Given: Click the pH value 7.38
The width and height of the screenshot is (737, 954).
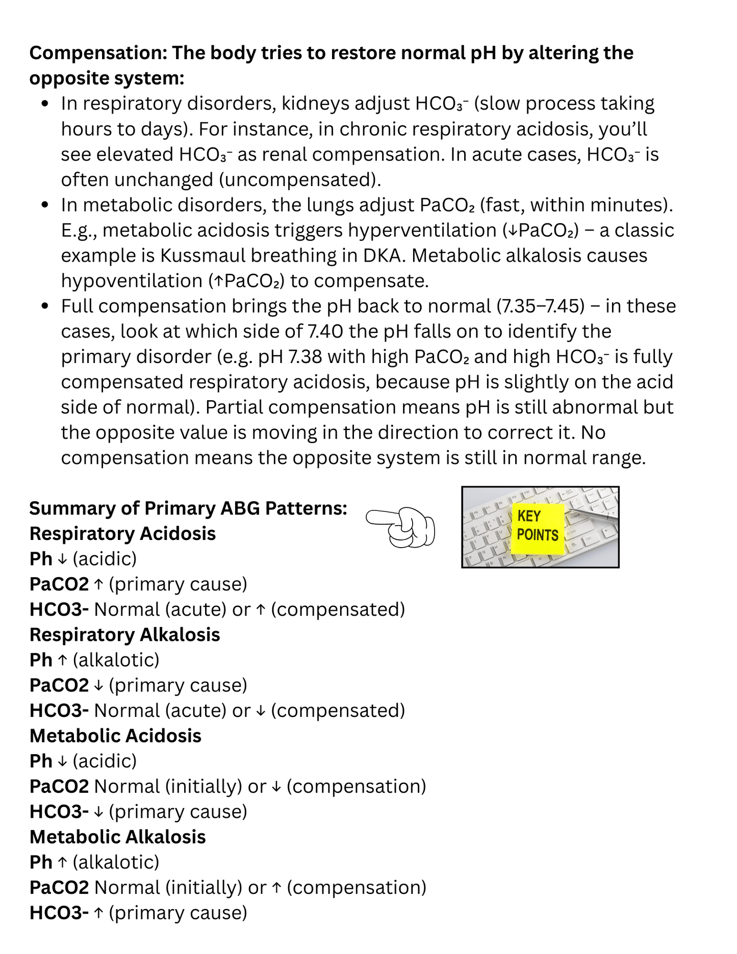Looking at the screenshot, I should click(305, 356).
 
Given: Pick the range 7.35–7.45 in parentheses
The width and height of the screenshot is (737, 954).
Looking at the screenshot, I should click(540, 306).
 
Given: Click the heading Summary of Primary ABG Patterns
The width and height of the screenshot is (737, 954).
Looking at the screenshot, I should click(188, 508).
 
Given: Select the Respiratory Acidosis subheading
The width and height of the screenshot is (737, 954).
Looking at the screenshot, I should click(122, 533).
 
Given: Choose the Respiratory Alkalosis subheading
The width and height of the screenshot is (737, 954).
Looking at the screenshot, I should click(124, 635).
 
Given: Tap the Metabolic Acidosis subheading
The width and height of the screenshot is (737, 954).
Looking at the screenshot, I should click(115, 736).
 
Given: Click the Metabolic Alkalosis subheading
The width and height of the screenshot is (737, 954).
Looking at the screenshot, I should click(117, 837).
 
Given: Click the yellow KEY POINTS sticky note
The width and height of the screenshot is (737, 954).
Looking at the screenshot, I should click(538, 528).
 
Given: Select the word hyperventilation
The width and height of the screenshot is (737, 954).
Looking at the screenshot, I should click(422, 230).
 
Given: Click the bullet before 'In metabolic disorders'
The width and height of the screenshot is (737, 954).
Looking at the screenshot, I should click(45, 205).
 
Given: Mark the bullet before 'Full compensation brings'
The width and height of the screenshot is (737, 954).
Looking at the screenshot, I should click(45, 306).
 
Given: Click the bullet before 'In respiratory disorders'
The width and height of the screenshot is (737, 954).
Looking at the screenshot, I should click(45, 104).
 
